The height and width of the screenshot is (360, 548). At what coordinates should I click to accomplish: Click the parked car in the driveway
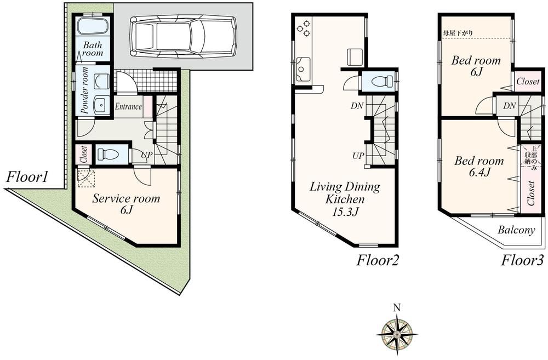[x=184, y=36]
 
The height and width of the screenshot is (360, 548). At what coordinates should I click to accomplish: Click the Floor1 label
[x=28, y=177]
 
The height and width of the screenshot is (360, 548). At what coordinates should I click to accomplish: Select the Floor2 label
[x=377, y=260]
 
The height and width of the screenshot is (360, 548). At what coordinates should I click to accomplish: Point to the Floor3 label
[x=523, y=260]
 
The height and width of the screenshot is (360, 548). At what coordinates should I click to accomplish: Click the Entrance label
[x=128, y=107]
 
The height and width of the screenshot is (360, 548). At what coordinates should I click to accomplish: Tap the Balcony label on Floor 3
[x=516, y=230]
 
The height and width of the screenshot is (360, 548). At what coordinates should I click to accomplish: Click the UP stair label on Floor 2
[x=358, y=156]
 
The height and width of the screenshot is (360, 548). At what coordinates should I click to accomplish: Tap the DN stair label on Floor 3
[x=509, y=106]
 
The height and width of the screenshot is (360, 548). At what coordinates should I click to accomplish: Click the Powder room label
[x=85, y=90]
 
